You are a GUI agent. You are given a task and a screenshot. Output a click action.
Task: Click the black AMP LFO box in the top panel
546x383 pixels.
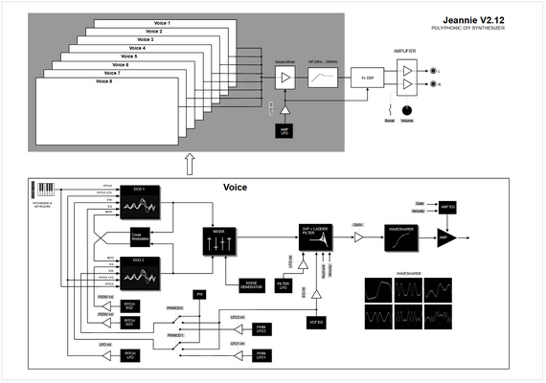[284, 130]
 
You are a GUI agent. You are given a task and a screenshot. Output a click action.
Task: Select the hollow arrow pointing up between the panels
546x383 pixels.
[189, 164]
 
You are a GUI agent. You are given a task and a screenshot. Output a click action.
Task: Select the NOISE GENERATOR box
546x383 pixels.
[254, 284]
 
